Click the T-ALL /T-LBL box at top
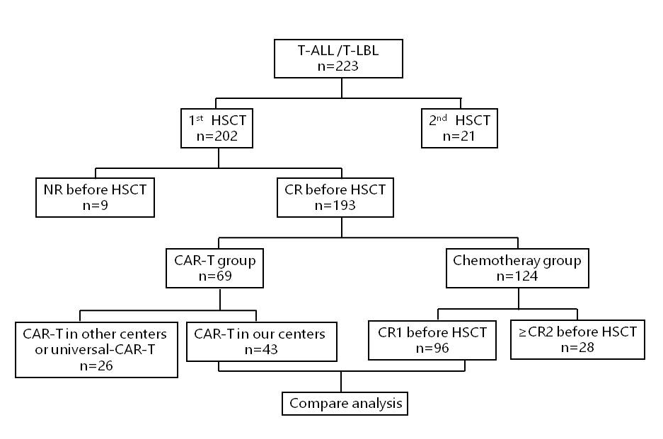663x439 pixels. pos(342,59)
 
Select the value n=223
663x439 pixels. pos(342,68)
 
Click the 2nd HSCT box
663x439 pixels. pos(459,129)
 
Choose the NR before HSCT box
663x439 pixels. pos(96,197)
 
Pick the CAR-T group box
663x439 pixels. pos(221,268)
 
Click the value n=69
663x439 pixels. pos(221,276)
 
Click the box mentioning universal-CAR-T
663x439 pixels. pos(95,349)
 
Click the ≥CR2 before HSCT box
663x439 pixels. pos(577,340)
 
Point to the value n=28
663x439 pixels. pos(577,349)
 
